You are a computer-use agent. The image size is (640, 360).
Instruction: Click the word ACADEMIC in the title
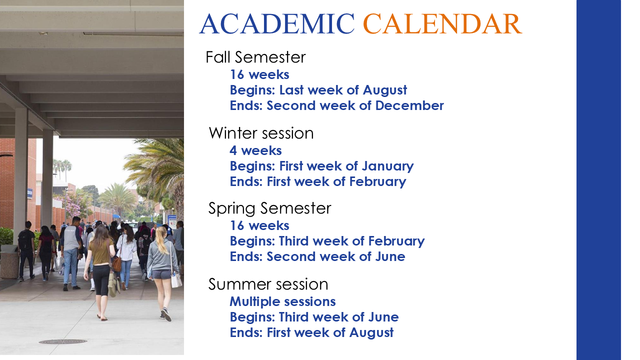(x=277, y=23)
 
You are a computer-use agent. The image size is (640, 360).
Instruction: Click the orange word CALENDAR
(x=442, y=23)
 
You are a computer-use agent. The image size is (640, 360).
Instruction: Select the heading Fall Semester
(x=255, y=57)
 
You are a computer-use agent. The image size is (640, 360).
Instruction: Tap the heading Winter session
(x=261, y=133)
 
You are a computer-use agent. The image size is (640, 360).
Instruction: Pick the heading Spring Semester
(x=269, y=208)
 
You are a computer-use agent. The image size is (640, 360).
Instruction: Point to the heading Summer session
(x=268, y=284)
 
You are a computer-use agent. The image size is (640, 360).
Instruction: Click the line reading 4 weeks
(x=255, y=150)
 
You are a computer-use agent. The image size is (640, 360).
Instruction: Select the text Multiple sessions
(x=282, y=301)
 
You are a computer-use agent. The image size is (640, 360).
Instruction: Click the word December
(x=409, y=105)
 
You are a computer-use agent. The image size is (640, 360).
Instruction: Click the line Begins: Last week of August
(x=318, y=90)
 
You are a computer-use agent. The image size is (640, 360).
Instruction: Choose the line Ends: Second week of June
(x=317, y=256)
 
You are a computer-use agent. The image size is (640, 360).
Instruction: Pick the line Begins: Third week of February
(x=327, y=241)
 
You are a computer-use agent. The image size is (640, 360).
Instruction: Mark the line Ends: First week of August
(x=311, y=333)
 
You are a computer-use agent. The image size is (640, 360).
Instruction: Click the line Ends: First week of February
(x=318, y=181)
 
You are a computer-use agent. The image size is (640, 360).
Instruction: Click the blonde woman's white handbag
(x=176, y=279)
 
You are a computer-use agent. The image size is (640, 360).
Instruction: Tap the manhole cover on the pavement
(x=63, y=341)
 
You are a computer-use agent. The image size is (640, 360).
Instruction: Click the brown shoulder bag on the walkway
(x=116, y=263)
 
